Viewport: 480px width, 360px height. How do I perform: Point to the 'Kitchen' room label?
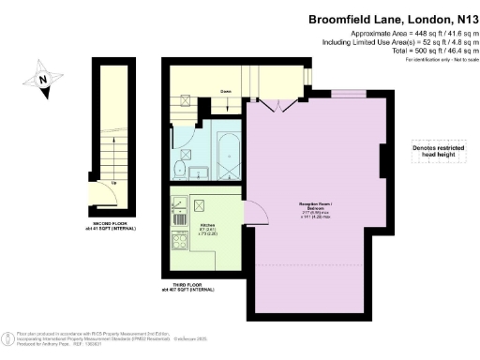coord(209,226)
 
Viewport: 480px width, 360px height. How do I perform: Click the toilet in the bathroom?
coord(179,168)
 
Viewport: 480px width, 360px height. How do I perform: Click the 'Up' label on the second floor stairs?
coord(114,182)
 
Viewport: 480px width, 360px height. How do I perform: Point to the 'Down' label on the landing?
coord(226,92)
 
